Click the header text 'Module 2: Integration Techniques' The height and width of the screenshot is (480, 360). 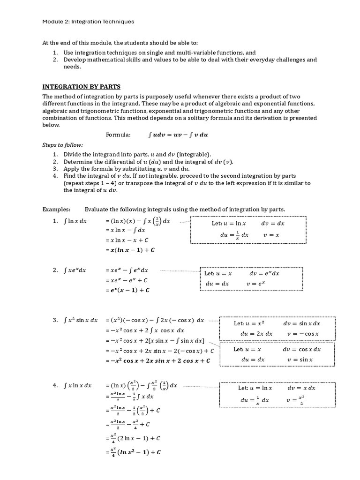(88, 21)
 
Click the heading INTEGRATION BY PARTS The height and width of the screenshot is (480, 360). (82, 86)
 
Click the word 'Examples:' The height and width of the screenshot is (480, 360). (56, 209)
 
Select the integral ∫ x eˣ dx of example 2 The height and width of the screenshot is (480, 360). (75, 270)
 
